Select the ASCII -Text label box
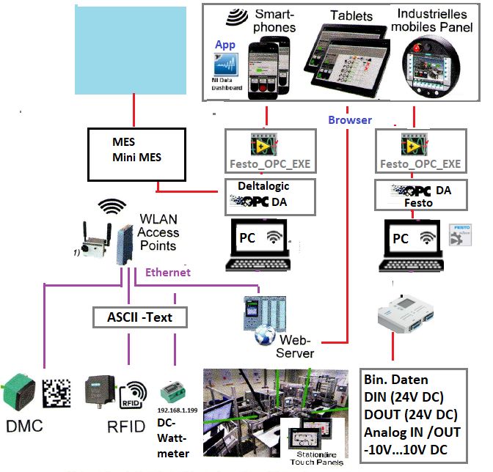click(140, 317)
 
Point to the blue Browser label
click(349, 119)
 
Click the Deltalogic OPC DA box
click(269, 196)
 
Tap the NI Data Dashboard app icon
click(227, 71)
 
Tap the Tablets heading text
click(351, 15)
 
